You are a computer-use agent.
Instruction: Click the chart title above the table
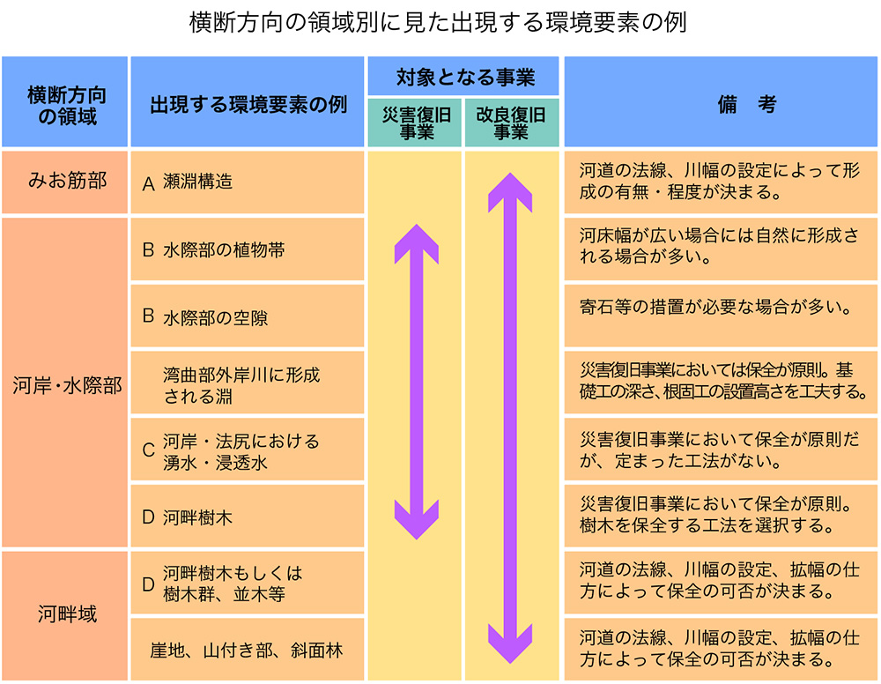point(438,23)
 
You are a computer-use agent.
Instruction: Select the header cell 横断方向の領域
point(65,101)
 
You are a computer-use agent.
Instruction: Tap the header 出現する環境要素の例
point(248,101)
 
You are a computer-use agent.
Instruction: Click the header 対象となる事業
point(463,77)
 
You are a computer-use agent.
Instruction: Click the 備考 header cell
point(721,101)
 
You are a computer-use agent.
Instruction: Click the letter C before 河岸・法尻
point(148,450)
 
